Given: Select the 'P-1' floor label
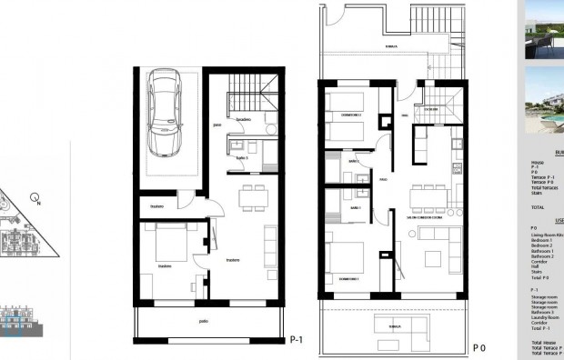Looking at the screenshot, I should click(295, 341).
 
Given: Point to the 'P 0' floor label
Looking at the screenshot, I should click(480, 346).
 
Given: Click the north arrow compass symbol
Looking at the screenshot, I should click(35, 197).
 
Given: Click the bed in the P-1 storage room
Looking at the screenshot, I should click(167, 244).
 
